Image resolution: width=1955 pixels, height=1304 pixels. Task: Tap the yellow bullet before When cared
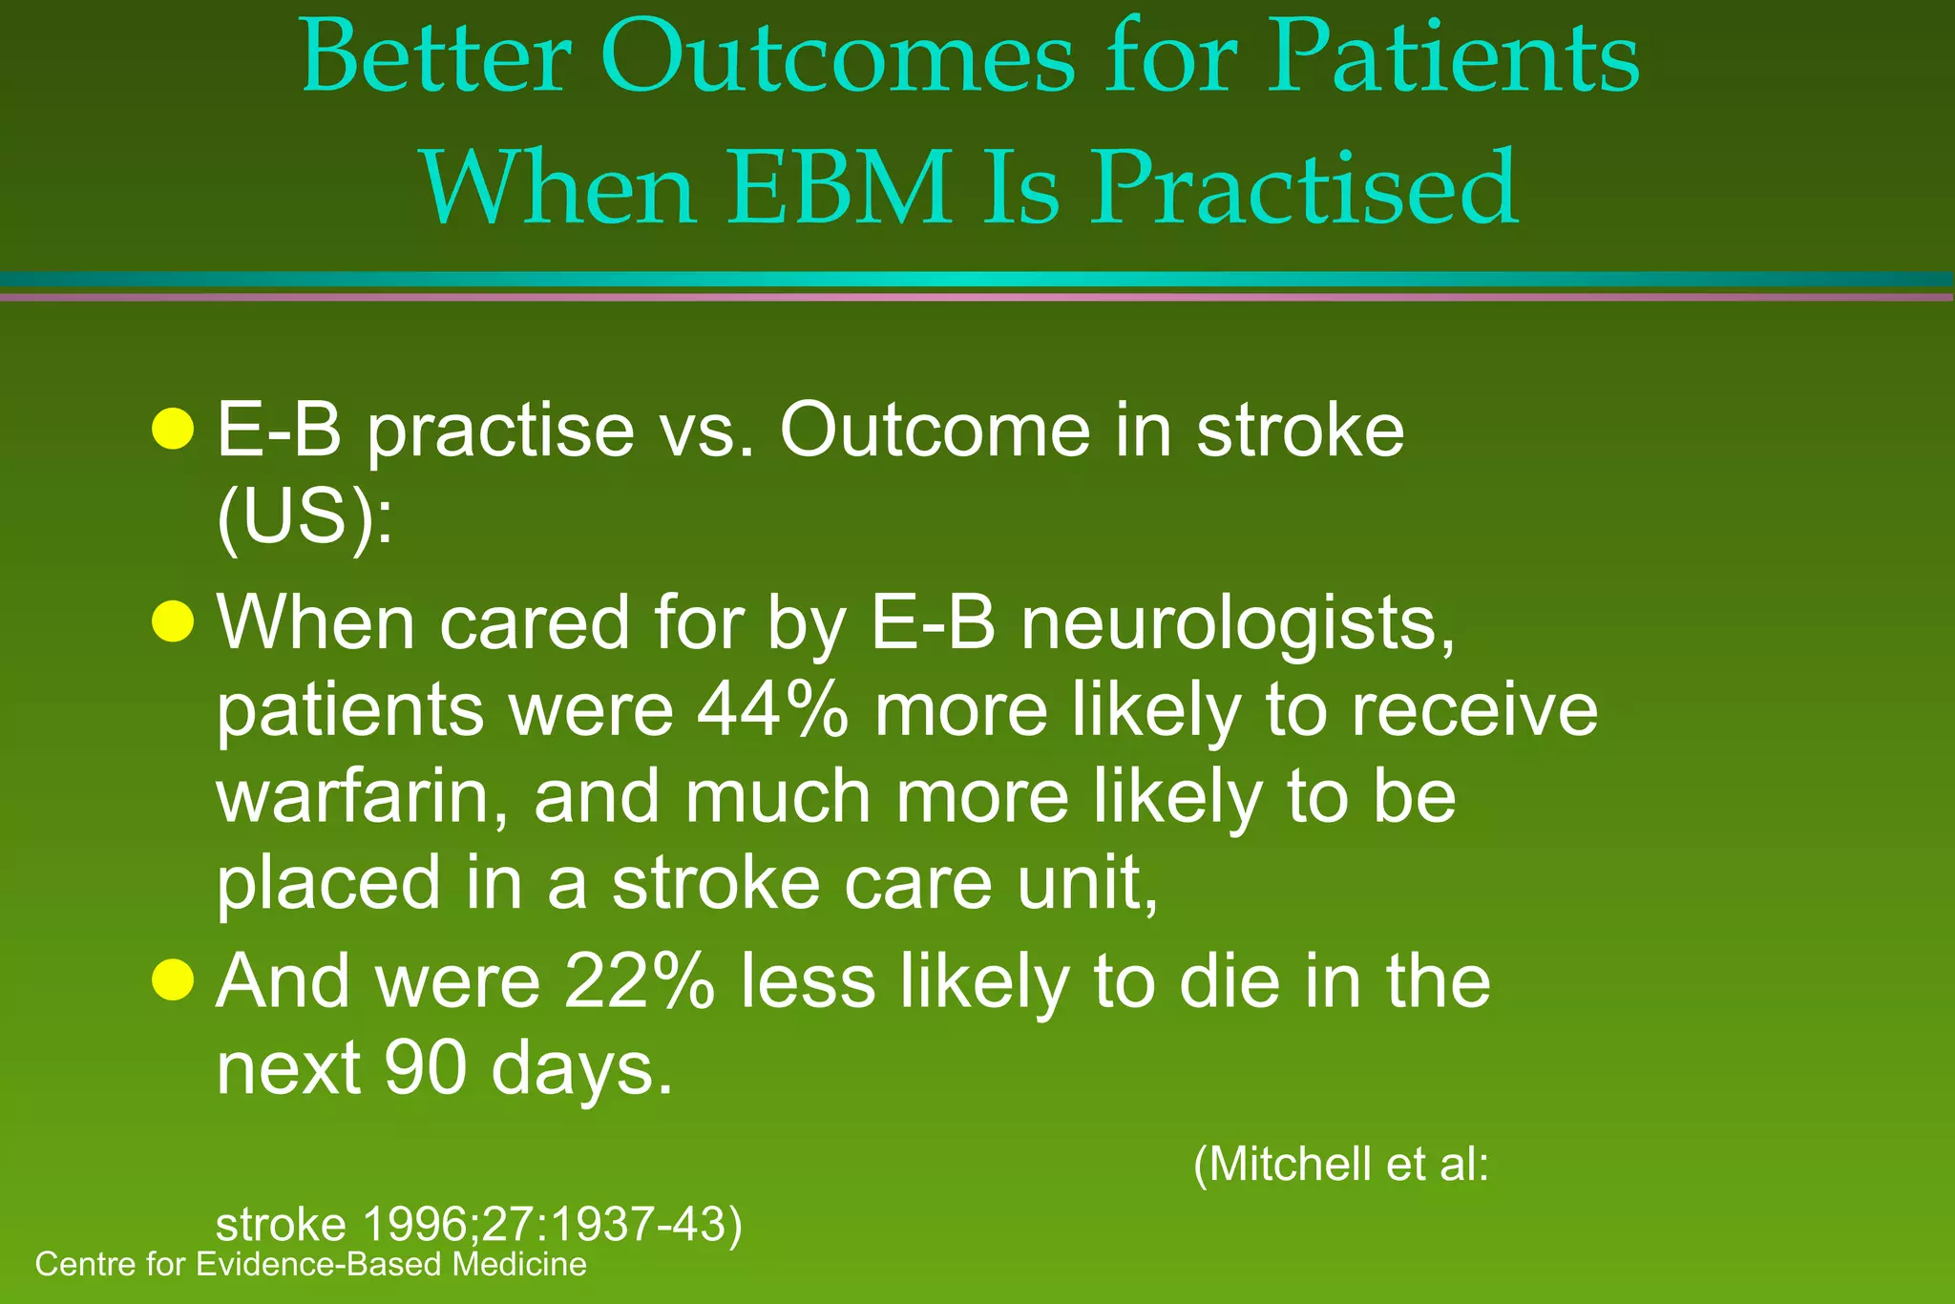click(173, 622)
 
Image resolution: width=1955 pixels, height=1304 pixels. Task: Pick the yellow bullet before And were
click(173, 979)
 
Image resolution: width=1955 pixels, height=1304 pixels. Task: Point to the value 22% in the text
click(639, 982)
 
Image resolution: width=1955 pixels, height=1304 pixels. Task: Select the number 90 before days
click(426, 1068)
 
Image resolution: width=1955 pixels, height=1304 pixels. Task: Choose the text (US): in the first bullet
click(305, 517)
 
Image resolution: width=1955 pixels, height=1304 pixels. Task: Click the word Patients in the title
click(1452, 59)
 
